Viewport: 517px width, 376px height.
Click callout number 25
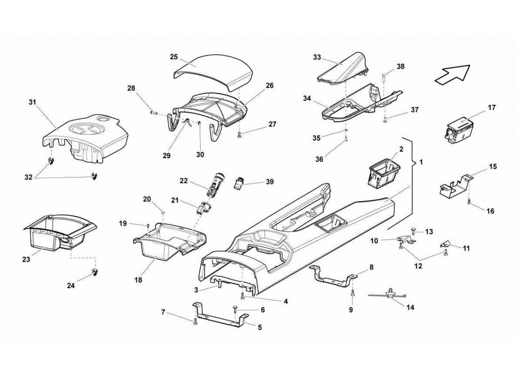click(174, 57)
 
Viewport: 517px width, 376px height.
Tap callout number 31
click(32, 102)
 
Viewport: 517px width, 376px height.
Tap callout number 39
click(270, 182)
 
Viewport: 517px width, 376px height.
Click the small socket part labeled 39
click(241, 182)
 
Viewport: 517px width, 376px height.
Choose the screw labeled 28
click(153, 112)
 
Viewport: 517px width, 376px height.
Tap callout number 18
click(138, 280)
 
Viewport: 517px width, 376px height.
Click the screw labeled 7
click(195, 322)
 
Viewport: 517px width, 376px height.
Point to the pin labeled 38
click(384, 77)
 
